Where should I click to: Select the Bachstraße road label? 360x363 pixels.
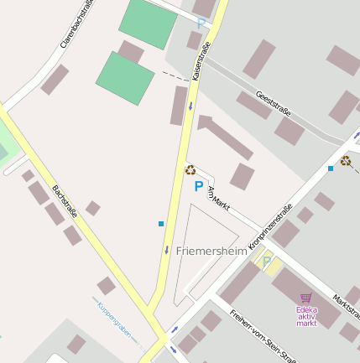[65, 202]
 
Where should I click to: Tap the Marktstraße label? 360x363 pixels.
[346, 308]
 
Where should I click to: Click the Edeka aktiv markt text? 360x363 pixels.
[306, 316]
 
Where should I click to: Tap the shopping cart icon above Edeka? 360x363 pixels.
[305, 298]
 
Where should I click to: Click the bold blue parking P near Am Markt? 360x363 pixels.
[199, 187]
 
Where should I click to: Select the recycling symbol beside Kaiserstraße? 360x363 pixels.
[190, 170]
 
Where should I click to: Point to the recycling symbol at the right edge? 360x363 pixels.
[346, 160]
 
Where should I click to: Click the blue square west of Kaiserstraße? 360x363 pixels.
[161, 223]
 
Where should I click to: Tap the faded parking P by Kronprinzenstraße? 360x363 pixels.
[267, 262]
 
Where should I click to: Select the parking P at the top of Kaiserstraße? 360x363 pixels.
[201, 23]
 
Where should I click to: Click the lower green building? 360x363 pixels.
[125, 79]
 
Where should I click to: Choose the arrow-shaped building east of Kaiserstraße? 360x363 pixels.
[224, 137]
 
